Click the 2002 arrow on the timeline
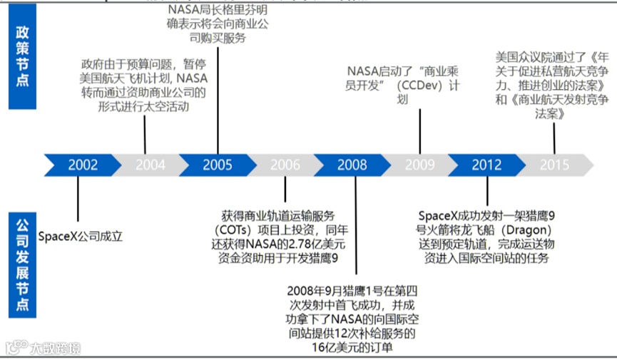point(83,165)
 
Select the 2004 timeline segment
point(150,165)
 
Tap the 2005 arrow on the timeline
point(217,165)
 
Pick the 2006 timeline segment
point(285,165)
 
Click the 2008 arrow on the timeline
point(352,165)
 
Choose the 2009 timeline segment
point(419,165)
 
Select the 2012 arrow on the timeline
point(487,165)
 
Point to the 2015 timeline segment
point(554,165)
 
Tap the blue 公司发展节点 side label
point(22,263)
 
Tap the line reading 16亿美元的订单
point(352,348)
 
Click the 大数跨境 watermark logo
point(44,348)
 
